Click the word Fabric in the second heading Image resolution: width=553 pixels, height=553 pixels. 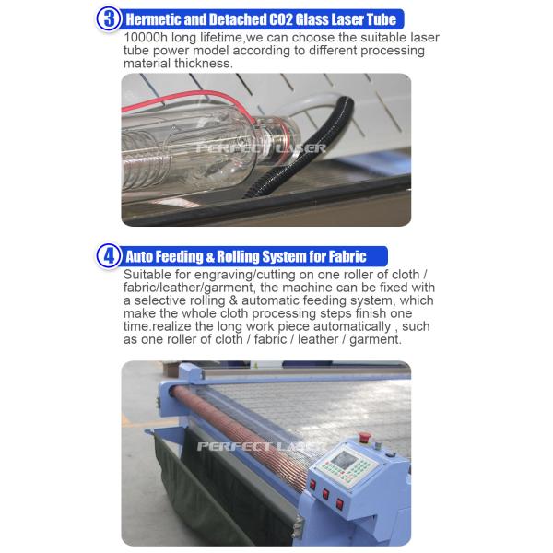[x=345, y=257]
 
